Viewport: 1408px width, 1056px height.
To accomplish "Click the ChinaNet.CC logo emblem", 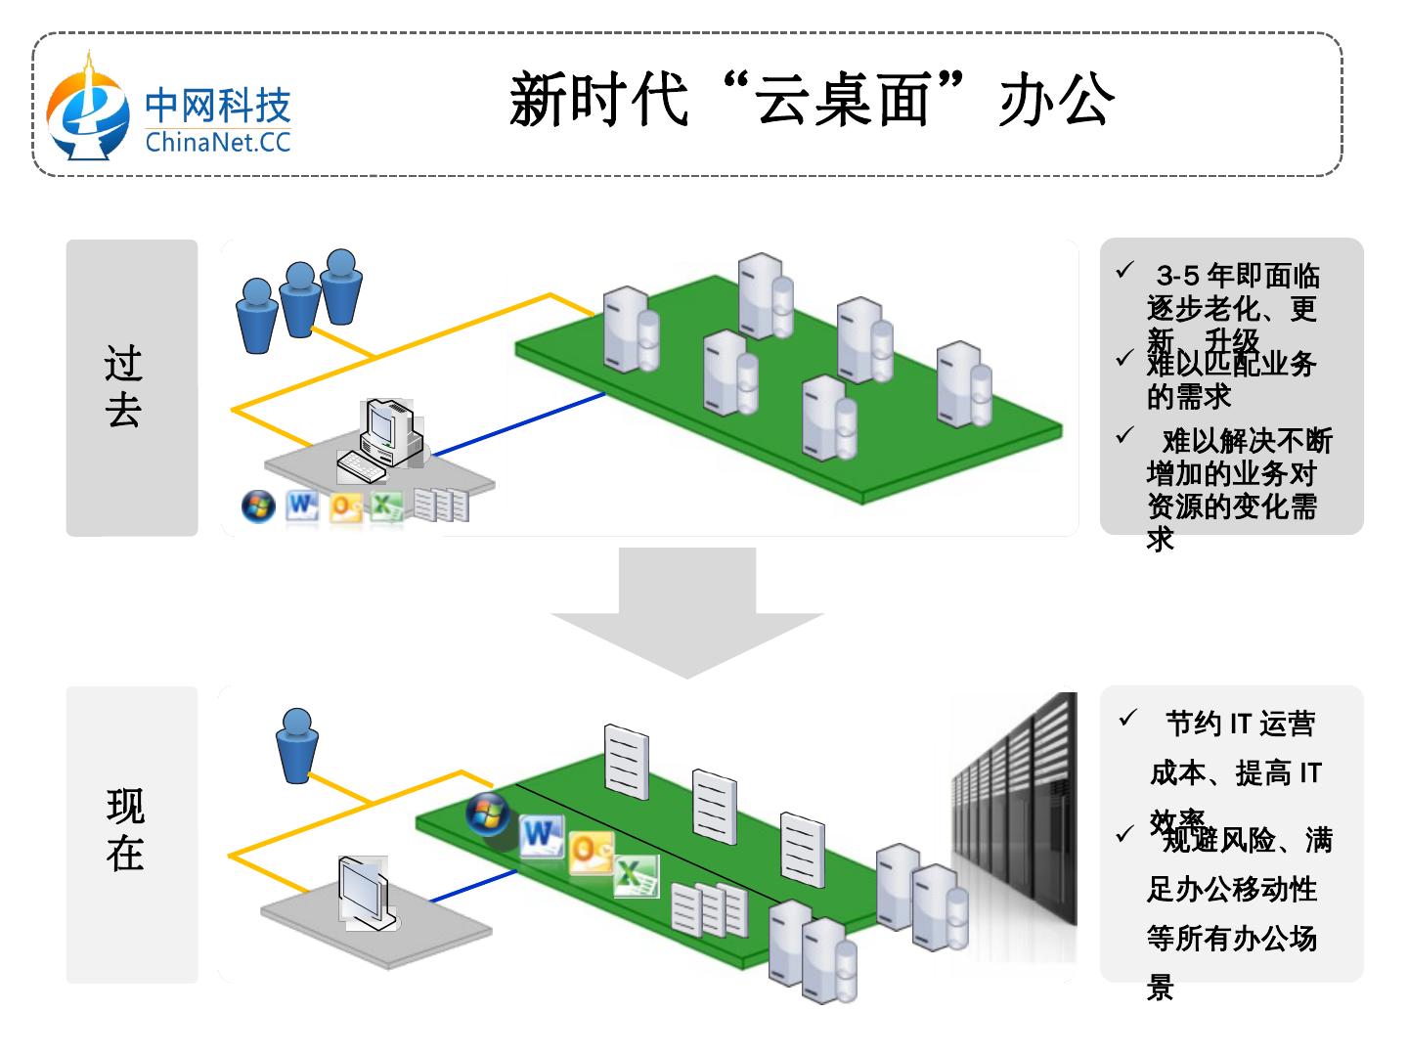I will (x=89, y=110).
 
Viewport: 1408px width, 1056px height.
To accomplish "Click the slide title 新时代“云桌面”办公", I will (x=812, y=99).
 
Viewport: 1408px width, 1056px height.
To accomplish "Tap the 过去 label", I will (x=124, y=387).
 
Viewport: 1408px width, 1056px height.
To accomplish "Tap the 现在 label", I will (x=126, y=831).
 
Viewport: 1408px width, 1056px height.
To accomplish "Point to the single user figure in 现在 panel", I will (x=297, y=745).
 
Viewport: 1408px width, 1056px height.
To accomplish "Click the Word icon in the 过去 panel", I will (x=302, y=506).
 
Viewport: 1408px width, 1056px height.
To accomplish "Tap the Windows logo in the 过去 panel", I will (x=258, y=506).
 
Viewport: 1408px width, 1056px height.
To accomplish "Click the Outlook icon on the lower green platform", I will (x=591, y=851).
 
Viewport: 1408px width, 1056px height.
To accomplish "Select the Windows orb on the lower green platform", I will (x=487, y=814).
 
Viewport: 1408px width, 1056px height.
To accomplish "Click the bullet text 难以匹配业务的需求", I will (x=1231, y=379).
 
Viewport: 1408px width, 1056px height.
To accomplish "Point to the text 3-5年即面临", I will (x=1237, y=277).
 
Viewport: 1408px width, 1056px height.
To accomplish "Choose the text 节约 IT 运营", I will (x=1240, y=725).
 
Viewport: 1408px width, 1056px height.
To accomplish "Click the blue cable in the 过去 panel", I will (x=518, y=425).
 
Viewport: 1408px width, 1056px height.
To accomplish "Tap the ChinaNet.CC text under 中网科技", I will (x=218, y=143).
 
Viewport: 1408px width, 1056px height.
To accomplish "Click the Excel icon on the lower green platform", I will (x=637, y=876).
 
